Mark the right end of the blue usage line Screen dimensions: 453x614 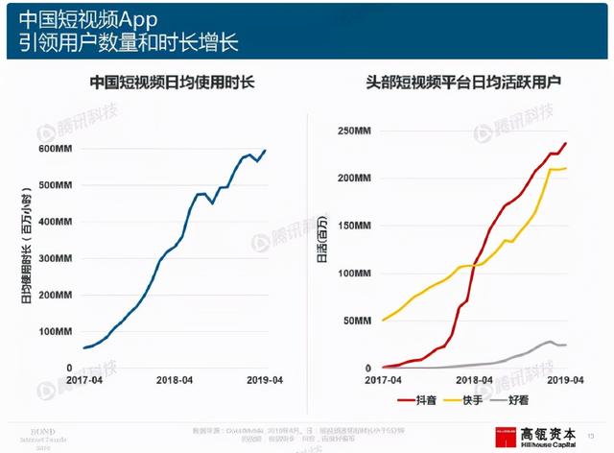[x=266, y=151]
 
